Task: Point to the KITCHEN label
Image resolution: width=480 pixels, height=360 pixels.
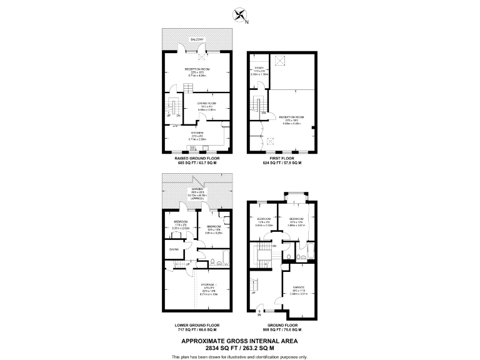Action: tap(198, 132)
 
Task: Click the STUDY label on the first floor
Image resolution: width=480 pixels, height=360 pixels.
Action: tap(259, 67)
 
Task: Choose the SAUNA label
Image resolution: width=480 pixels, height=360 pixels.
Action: tap(173, 249)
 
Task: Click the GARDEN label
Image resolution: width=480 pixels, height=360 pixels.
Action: tap(197, 189)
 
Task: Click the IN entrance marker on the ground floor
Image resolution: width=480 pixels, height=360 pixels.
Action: tap(259, 315)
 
